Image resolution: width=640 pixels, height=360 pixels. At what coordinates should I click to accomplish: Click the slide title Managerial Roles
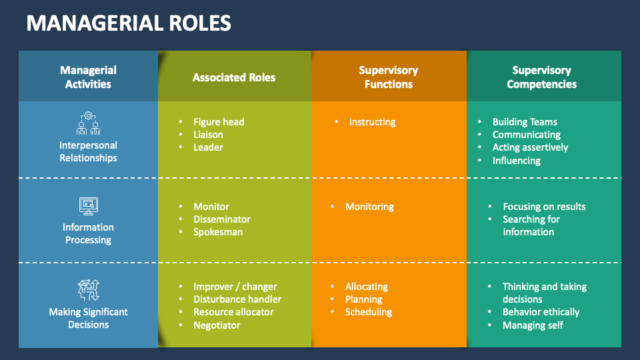[129, 23]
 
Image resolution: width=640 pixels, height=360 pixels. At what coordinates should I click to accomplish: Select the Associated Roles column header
[234, 77]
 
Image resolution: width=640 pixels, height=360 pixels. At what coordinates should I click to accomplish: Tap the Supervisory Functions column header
[388, 77]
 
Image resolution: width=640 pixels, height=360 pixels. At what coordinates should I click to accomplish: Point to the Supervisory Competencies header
[541, 77]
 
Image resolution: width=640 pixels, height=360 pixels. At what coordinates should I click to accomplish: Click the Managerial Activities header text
[88, 77]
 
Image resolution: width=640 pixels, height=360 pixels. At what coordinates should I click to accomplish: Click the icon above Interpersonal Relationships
[88, 123]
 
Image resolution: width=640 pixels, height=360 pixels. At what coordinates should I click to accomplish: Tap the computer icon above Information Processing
[88, 205]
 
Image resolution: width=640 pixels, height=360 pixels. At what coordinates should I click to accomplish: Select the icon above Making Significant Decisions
[88, 291]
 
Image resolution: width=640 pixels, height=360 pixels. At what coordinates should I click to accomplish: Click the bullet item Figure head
[219, 122]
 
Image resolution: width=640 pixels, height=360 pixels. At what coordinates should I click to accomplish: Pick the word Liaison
[208, 135]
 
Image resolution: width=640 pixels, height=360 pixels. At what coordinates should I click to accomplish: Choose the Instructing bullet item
[372, 122]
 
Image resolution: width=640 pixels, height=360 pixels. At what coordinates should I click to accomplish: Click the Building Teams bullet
[525, 122]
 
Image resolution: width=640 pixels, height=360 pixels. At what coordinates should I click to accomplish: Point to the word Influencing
[516, 161]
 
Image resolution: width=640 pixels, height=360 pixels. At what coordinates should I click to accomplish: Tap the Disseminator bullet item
[222, 219]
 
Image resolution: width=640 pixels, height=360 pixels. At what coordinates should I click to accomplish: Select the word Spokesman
[218, 232]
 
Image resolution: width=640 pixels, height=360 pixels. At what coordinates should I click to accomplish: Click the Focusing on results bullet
[544, 207]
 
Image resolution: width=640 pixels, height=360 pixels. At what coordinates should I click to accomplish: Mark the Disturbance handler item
[237, 299]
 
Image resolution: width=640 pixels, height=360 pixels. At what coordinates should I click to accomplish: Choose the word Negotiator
[217, 325]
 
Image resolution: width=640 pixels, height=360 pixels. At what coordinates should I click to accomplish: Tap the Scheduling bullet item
[369, 312]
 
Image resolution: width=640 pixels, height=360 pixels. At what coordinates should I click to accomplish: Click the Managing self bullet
[533, 325]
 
